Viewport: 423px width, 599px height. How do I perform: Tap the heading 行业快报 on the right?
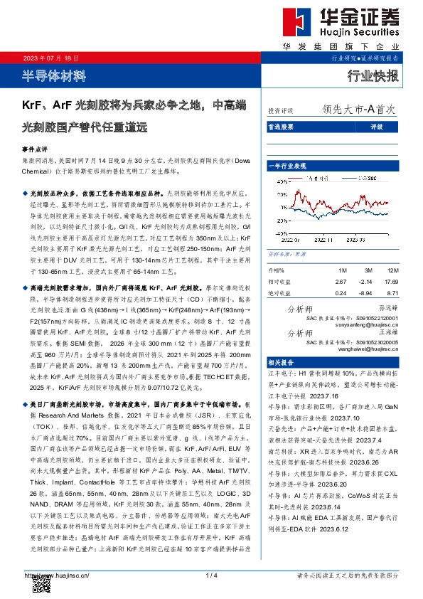click(x=373, y=76)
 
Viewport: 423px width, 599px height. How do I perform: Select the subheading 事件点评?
click(x=33, y=151)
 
